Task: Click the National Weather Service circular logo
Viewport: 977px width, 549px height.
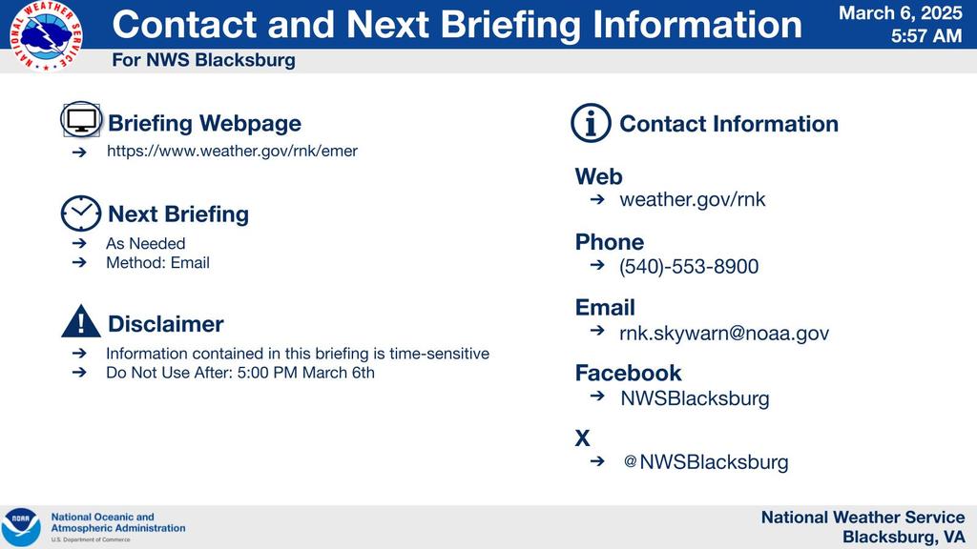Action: (x=46, y=35)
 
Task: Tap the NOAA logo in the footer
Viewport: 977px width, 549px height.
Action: (x=21, y=527)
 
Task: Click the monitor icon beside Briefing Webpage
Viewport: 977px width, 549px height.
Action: (x=81, y=119)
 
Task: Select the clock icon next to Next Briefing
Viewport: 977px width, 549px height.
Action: (x=81, y=213)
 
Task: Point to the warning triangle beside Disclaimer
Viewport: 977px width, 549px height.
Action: (x=81, y=321)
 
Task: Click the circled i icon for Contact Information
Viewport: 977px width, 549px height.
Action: (x=591, y=123)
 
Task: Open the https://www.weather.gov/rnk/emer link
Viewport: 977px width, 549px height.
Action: (x=233, y=152)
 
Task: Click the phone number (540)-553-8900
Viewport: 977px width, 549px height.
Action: (x=689, y=267)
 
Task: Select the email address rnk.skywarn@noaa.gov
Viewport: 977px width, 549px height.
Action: (x=724, y=333)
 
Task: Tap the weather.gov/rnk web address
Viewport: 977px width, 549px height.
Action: (x=693, y=199)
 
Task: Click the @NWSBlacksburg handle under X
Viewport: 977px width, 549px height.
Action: (x=706, y=462)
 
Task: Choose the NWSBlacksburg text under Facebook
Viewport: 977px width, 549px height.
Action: (x=695, y=398)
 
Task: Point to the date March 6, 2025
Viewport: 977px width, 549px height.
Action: (x=901, y=13)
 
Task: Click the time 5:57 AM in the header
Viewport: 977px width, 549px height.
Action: (x=926, y=36)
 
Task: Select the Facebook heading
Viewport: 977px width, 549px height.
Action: (x=628, y=373)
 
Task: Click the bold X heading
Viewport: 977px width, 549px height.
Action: (x=583, y=438)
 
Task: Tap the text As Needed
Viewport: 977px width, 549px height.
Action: (x=146, y=243)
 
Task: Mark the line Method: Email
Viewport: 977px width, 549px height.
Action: (x=157, y=263)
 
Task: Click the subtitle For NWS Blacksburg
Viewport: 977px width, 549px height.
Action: (x=204, y=60)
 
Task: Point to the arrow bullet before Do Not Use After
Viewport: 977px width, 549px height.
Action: (x=79, y=373)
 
